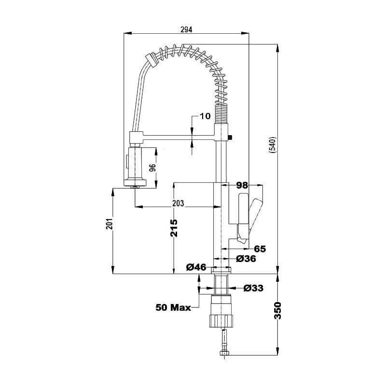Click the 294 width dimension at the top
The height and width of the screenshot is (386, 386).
[x=186, y=29]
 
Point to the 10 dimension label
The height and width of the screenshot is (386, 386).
[x=205, y=116]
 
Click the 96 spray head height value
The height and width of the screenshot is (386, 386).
[x=152, y=168]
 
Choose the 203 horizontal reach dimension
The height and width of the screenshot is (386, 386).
[x=178, y=203]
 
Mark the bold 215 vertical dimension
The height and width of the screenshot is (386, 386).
[x=174, y=227]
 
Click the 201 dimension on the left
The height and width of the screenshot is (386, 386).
[x=110, y=224]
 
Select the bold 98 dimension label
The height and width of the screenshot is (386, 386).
[x=242, y=185]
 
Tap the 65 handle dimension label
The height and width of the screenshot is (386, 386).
[x=260, y=249]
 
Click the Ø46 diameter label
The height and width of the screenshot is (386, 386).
[x=196, y=267]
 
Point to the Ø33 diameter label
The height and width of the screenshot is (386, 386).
[x=253, y=289]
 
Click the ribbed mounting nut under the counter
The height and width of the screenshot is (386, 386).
[x=222, y=320]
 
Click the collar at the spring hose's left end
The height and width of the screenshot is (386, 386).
[x=151, y=59]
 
